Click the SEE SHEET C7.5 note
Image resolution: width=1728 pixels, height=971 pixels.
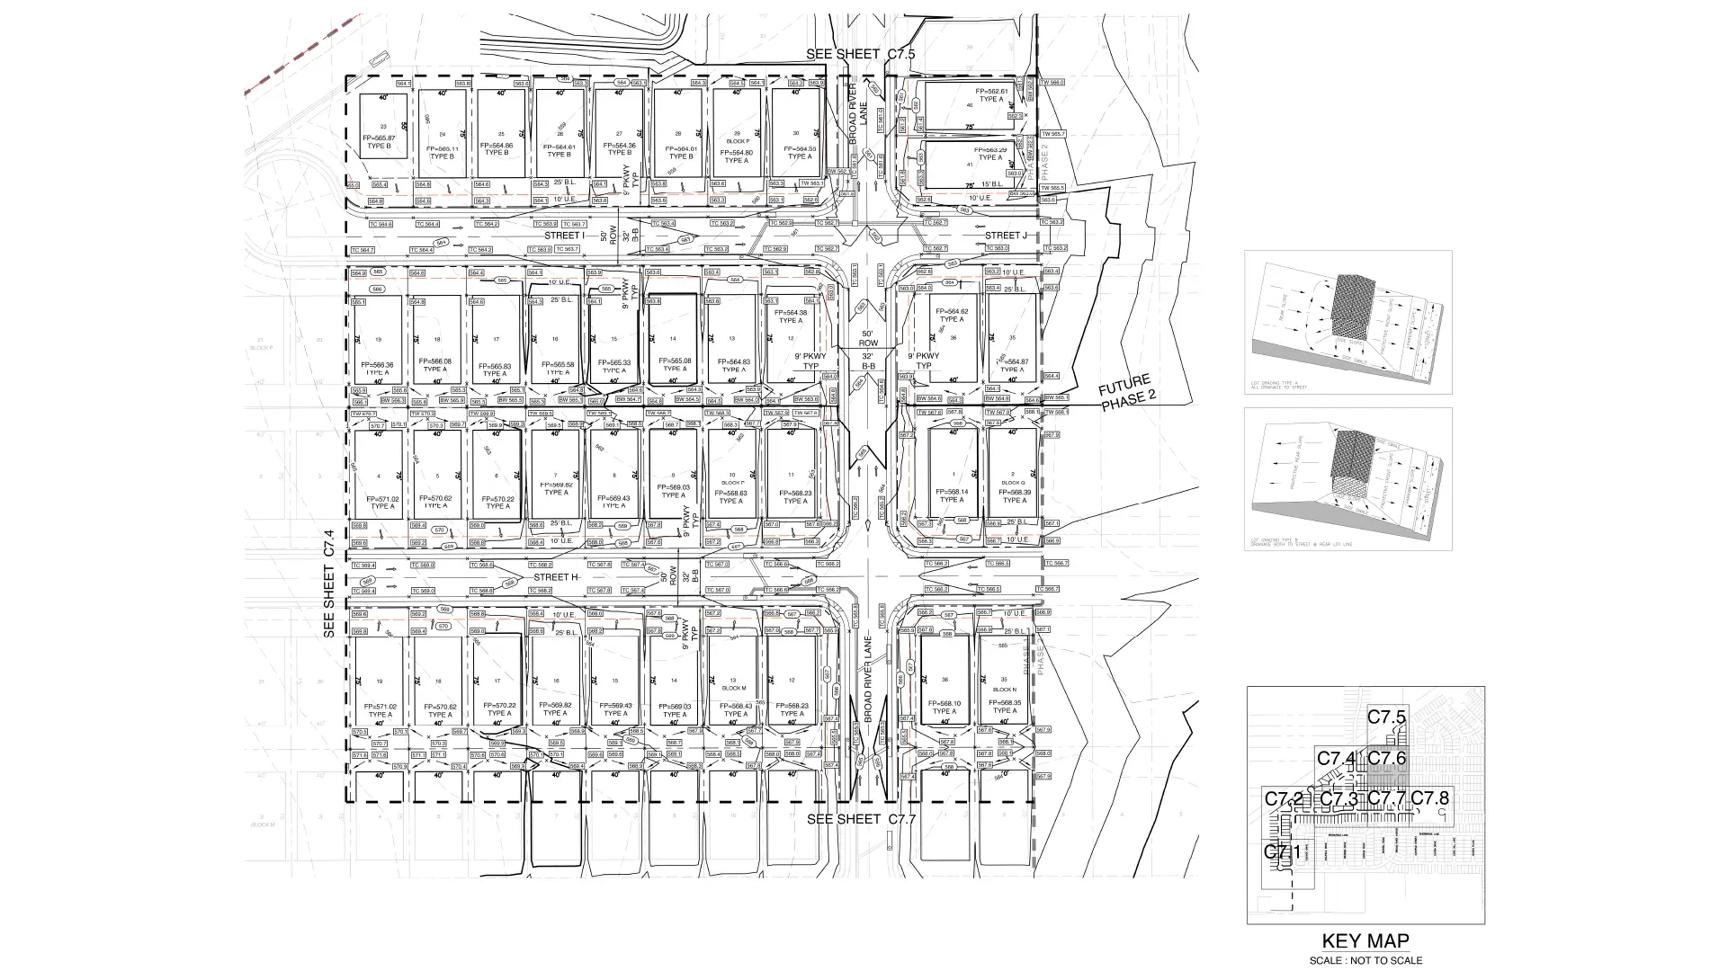click(861, 54)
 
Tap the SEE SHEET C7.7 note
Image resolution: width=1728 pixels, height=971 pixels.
click(861, 819)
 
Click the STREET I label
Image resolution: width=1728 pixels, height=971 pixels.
click(564, 236)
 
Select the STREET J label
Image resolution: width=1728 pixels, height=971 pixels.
click(1005, 236)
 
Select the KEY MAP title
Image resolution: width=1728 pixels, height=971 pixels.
click(1365, 941)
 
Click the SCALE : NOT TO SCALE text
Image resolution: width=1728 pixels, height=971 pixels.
click(1365, 960)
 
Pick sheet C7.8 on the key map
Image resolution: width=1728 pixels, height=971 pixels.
click(1429, 797)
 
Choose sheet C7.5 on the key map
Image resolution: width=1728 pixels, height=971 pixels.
click(1386, 717)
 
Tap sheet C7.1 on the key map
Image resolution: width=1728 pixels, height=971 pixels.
click(1283, 851)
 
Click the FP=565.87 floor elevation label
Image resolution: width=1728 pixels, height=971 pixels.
click(379, 138)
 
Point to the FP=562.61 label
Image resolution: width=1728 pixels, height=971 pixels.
click(992, 92)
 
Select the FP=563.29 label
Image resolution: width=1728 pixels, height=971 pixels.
click(990, 150)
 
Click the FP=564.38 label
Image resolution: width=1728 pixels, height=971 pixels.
click(791, 313)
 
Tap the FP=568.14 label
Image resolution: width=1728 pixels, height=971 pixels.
click(952, 492)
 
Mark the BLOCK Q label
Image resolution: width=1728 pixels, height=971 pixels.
click(1014, 483)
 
